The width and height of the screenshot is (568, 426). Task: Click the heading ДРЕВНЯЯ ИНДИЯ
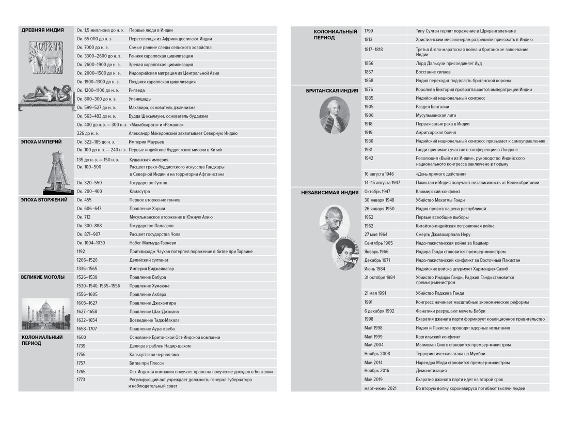click(x=42, y=30)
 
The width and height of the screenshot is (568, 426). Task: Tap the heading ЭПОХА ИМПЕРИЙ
click(x=41, y=141)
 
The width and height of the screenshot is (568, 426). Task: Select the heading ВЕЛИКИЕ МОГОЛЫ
click(x=43, y=277)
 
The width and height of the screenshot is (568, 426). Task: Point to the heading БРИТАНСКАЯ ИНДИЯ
click(x=332, y=90)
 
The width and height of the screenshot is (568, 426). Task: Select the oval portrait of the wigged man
click(x=334, y=115)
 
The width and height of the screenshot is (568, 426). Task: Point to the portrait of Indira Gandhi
click(x=345, y=254)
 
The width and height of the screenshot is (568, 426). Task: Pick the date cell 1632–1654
click(x=87, y=320)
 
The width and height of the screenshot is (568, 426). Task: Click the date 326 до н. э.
click(x=88, y=133)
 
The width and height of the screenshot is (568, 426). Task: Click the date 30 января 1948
click(x=379, y=200)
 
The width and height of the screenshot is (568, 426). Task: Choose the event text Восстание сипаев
click(x=433, y=72)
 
